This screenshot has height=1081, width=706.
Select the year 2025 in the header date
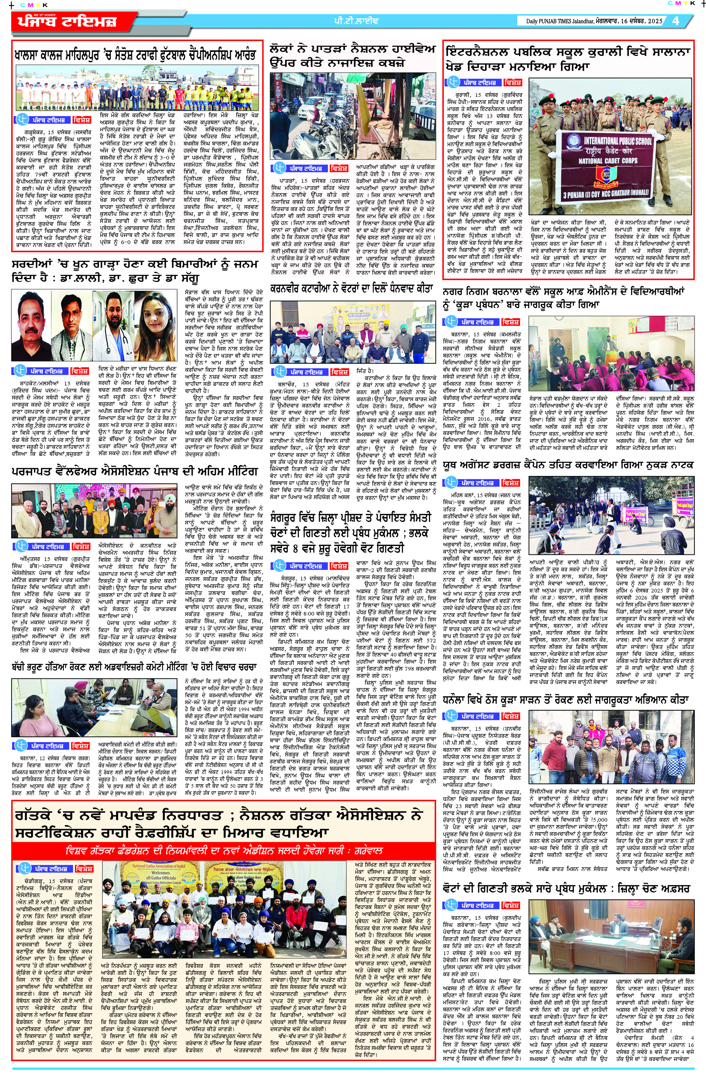click(x=655, y=21)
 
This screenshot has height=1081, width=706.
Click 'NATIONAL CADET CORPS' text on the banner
click(x=608, y=161)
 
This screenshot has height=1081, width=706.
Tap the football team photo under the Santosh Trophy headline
click(x=137, y=89)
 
